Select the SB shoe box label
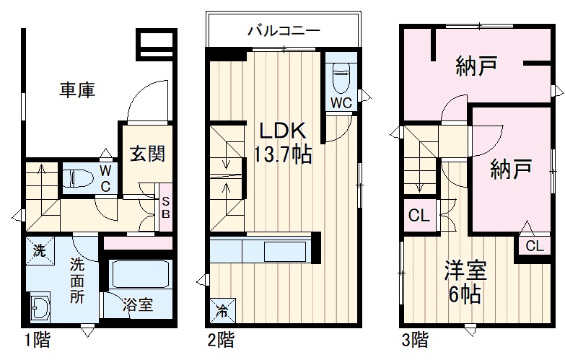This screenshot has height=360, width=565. tap(165, 207)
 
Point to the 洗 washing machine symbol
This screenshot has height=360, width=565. tap(39, 253)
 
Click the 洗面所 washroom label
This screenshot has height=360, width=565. tap(78, 280)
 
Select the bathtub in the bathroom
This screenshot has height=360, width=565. tap(140, 275)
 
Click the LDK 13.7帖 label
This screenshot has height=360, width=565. tap(283, 141)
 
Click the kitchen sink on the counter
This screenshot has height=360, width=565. tap(284, 253)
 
